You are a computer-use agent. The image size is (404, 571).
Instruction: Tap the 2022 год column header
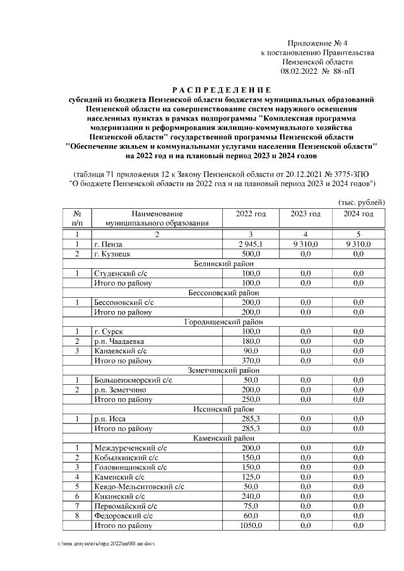(251, 214)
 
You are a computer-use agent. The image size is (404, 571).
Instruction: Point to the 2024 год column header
(358, 214)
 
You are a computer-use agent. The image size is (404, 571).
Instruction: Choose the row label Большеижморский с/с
(131, 380)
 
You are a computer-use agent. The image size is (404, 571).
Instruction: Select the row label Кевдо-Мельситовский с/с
(139, 486)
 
